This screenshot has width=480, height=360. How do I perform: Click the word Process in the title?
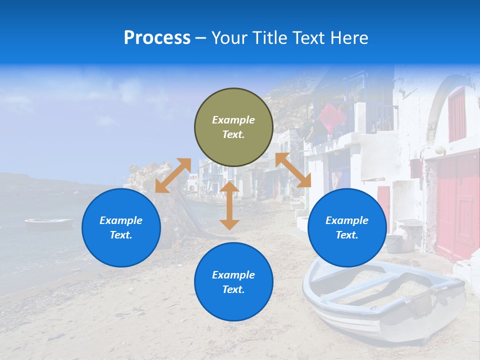pos(157,38)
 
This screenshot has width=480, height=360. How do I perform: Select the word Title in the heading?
pos(268,38)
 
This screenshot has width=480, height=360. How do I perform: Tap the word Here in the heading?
pos(350,38)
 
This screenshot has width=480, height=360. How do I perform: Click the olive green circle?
pos(233,127)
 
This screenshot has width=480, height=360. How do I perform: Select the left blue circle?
pos(121,227)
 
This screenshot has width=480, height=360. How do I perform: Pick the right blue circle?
pos(347,227)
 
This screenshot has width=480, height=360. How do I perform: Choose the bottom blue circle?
pos(233,282)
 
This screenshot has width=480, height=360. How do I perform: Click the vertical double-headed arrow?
pos(229,205)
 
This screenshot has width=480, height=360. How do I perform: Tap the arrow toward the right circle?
pos(293,170)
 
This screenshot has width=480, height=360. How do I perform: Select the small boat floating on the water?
pos(48,223)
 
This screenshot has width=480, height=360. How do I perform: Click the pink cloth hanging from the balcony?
pos(331,116)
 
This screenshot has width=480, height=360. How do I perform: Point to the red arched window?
pos(457,114)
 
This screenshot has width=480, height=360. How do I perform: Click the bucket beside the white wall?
pos(394,243)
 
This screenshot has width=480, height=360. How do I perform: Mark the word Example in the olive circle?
pos(233,120)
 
